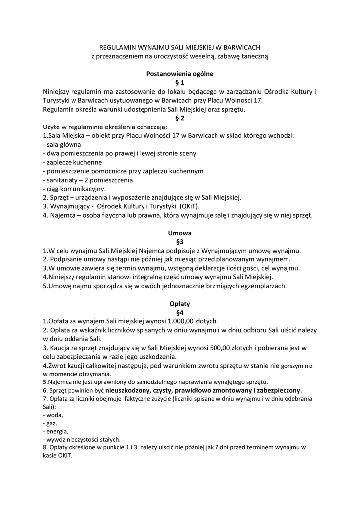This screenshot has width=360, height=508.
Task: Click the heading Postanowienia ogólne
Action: (x=180, y=74)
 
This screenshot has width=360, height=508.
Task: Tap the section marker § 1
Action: (x=180, y=83)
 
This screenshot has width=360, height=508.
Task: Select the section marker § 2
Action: (x=180, y=118)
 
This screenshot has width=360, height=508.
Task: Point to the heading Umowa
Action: (x=180, y=232)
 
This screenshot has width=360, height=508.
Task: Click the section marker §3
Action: (x=180, y=241)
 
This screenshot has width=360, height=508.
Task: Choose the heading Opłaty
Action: (x=180, y=303)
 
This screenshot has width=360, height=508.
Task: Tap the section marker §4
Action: (x=180, y=312)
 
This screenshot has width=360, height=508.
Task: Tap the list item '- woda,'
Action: (x=53, y=414)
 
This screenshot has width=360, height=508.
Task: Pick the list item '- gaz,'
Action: (x=50, y=423)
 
